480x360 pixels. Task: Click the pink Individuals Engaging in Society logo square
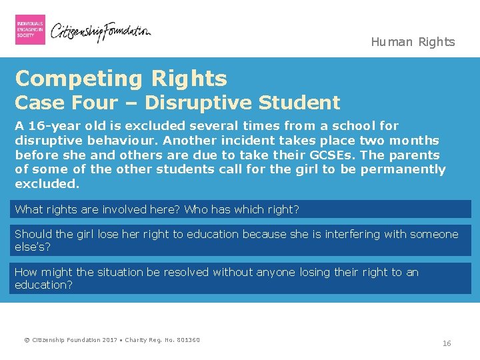(x=30, y=29)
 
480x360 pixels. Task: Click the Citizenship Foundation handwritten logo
(x=101, y=31)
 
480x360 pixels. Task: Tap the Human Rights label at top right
(x=413, y=42)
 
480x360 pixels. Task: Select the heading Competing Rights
(x=121, y=79)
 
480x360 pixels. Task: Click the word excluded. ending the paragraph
(x=47, y=183)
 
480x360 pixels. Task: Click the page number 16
(x=447, y=343)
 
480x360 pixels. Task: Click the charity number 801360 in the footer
(x=188, y=341)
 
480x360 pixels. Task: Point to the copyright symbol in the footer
(x=27, y=341)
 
